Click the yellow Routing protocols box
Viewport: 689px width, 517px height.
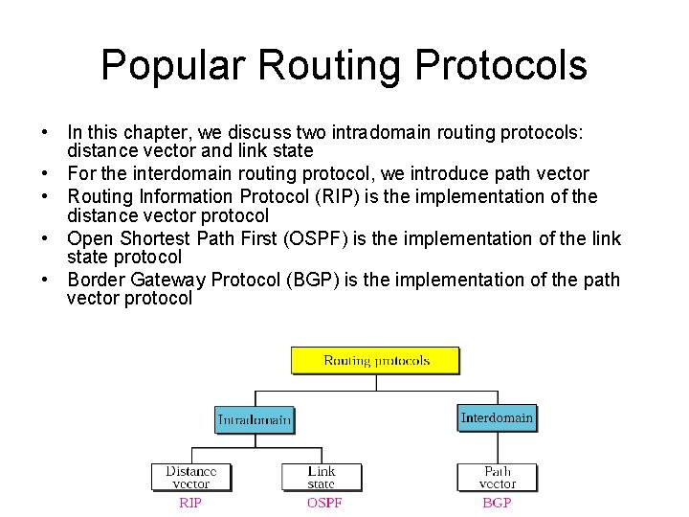(375, 361)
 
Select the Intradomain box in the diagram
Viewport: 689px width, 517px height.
(254, 419)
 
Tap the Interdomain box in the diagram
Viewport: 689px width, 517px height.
(497, 417)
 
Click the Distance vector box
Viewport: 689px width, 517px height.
(190, 477)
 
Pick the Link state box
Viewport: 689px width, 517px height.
(321, 477)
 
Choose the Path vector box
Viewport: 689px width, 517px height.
(497, 477)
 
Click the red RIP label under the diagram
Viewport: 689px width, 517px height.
(190, 502)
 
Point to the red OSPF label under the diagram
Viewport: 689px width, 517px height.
(323, 502)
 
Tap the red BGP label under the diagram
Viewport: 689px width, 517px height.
(497, 502)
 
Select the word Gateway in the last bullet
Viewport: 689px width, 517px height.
(160, 280)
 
